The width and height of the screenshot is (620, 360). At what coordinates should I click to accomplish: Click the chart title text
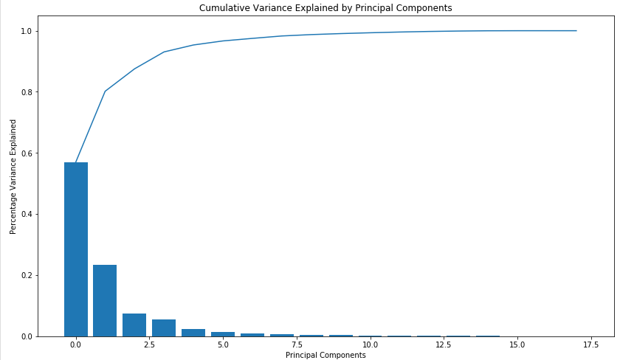pos(325,7)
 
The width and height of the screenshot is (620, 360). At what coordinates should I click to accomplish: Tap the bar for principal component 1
pos(105,300)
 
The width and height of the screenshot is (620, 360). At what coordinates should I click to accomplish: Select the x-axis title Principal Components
pos(325,355)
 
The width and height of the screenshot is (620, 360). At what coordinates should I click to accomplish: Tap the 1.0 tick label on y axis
pos(28,31)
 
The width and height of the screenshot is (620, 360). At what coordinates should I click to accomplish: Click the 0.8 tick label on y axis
pos(28,92)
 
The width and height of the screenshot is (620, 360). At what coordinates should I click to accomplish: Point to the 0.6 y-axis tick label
pos(28,153)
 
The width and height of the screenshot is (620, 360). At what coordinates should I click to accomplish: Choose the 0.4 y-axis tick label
pos(28,214)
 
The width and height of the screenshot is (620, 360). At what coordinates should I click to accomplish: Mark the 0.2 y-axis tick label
pos(28,275)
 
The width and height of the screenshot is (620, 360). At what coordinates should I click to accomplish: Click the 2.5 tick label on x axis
pos(149,345)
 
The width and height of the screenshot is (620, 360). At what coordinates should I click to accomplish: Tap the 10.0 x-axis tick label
pos(370,345)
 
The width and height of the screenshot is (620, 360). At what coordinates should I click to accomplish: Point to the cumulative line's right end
pos(576,31)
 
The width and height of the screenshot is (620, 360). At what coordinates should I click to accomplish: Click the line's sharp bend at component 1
pos(105,91)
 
